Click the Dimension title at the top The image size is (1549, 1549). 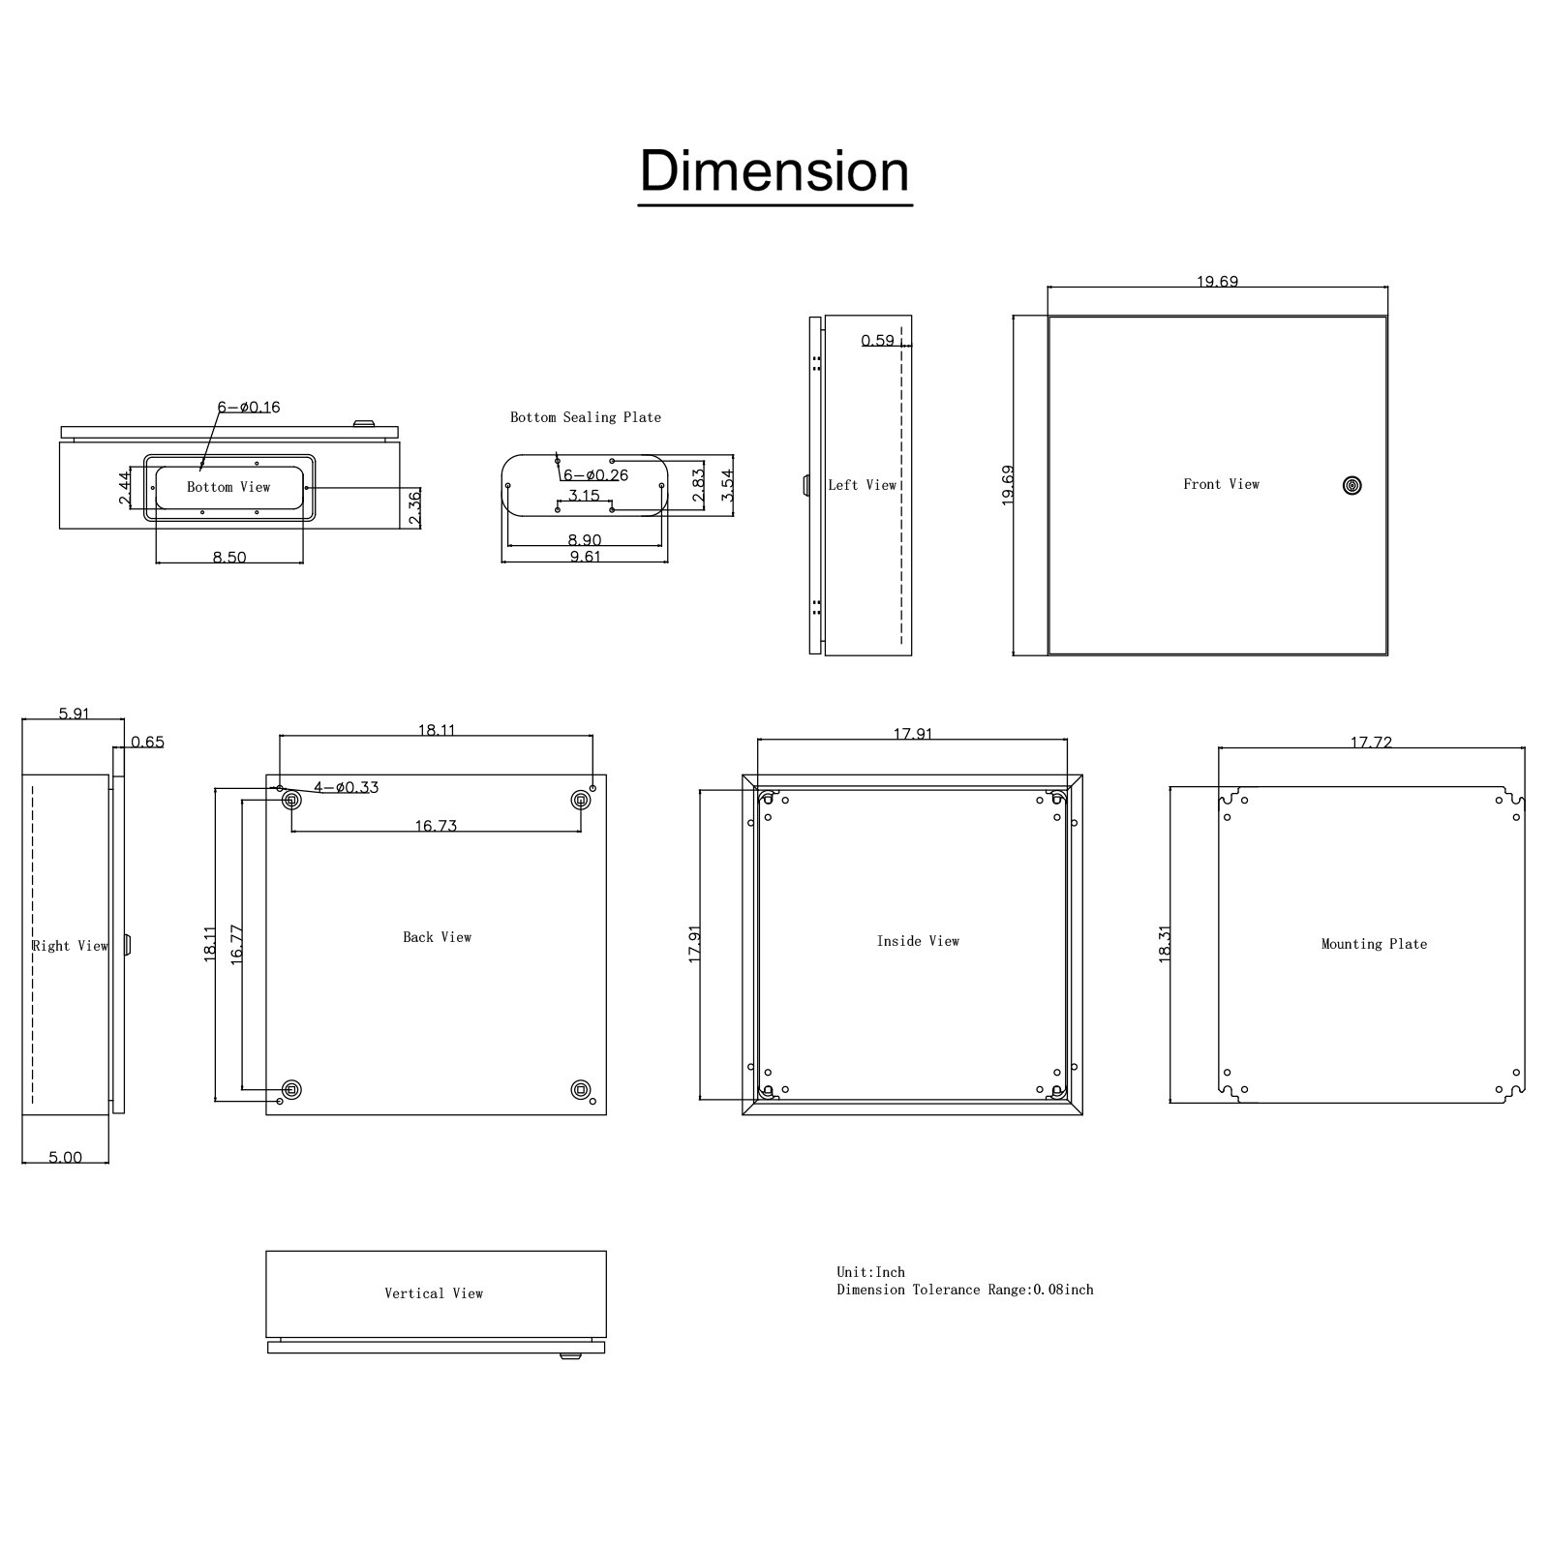tap(774, 171)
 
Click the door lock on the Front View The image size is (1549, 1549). tap(1352, 485)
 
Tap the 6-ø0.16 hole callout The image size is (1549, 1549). tap(249, 408)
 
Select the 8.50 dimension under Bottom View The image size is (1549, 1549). tap(229, 558)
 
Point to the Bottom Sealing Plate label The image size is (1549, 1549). tap(586, 417)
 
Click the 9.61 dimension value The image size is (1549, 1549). tap(585, 557)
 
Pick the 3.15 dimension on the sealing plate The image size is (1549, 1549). tap(584, 496)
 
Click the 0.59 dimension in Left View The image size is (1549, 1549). tap(878, 341)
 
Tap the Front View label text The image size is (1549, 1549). tap(1221, 484)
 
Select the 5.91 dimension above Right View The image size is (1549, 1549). tap(74, 714)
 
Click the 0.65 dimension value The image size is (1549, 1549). tap(147, 743)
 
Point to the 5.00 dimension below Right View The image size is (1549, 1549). tap(65, 1157)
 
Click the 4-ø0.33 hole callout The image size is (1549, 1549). tap(346, 787)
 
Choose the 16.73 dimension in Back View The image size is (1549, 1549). tap(436, 826)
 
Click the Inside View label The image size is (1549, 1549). tap(918, 941)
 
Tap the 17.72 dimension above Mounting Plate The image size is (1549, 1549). tap(1371, 743)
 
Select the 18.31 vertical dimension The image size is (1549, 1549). tap(1165, 943)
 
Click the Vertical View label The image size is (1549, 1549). tap(434, 1293)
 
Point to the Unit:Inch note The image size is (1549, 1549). tap(871, 1272)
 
